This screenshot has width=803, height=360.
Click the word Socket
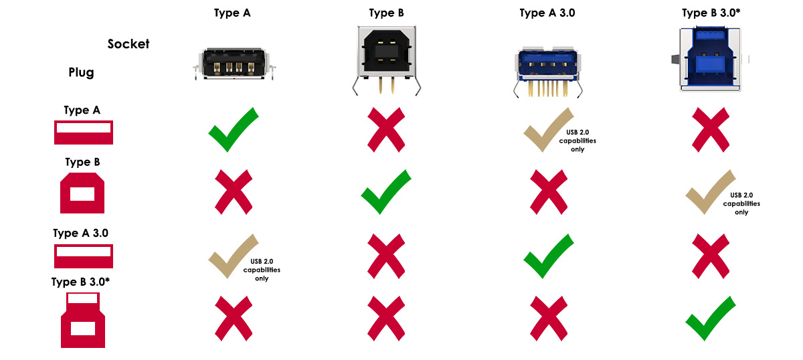click(x=128, y=43)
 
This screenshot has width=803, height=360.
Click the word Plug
click(x=82, y=72)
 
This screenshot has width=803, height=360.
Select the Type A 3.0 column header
click(x=547, y=13)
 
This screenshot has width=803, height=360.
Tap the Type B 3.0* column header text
click(x=711, y=13)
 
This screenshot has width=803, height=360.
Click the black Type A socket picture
click(x=234, y=64)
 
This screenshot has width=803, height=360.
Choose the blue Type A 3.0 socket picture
click(x=548, y=72)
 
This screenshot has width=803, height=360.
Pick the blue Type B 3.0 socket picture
click(x=710, y=59)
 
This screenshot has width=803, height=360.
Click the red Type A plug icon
click(x=84, y=132)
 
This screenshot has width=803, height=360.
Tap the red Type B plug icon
click(x=82, y=193)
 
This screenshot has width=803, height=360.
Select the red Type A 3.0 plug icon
click(x=84, y=256)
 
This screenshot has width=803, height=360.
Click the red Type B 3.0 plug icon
click(x=83, y=320)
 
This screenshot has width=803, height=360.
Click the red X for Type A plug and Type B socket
click(x=386, y=129)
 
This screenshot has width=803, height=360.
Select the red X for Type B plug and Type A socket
click(x=234, y=192)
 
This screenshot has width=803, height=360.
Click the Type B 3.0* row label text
click(x=80, y=282)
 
